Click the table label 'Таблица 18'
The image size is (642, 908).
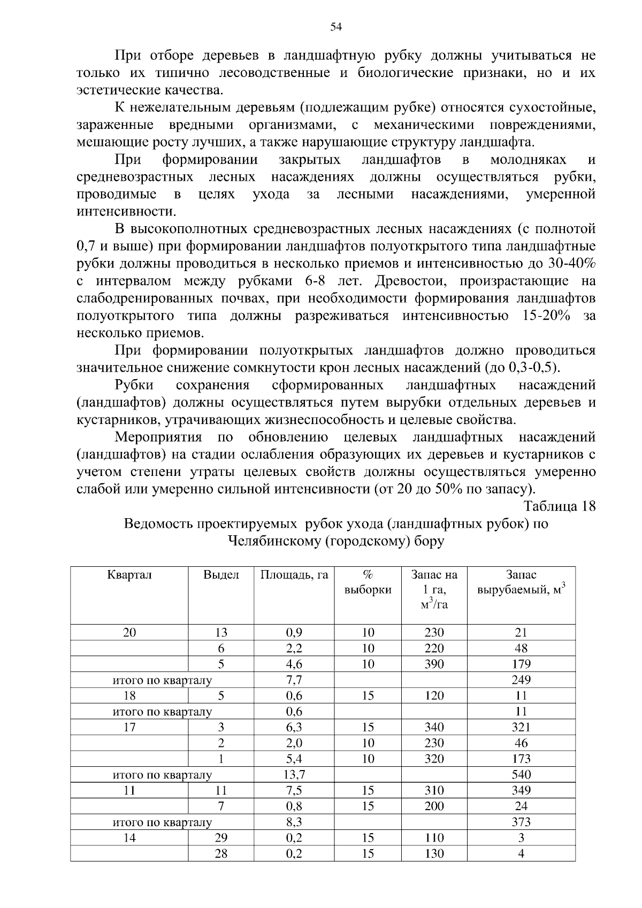tap(559, 506)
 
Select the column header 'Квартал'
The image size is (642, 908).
tap(129, 575)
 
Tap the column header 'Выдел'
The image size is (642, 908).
tap(221, 575)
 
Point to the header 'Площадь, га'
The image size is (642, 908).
tap(294, 575)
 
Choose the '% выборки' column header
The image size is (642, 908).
tap(368, 582)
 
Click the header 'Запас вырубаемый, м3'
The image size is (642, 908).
tap(521, 582)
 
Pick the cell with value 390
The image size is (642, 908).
tap(434, 664)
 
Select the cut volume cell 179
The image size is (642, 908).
tap(521, 664)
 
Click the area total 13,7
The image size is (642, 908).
tap(294, 775)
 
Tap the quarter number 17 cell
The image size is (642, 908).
tap(129, 727)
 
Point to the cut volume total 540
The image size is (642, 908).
tap(521, 775)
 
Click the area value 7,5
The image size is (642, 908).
tap(294, 790)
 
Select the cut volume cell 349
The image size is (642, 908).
tap(521, 790)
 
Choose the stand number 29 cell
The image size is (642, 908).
tap(221, 838)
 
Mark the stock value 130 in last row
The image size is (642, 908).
tap(434, 853)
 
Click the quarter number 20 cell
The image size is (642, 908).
tap(129, 633)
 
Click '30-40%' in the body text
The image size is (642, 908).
tap(571, 264)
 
